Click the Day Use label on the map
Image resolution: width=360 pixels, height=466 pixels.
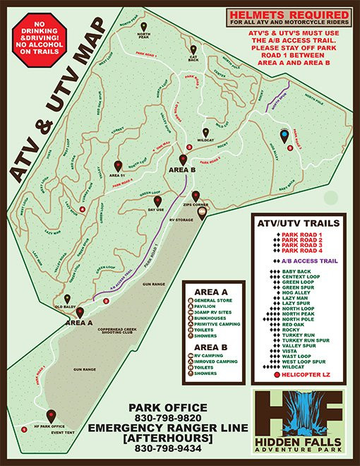(x=157, y=210)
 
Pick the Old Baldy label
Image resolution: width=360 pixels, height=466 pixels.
(x=66, y=307)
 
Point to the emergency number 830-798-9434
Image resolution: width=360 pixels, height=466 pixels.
(x=167, y=448)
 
